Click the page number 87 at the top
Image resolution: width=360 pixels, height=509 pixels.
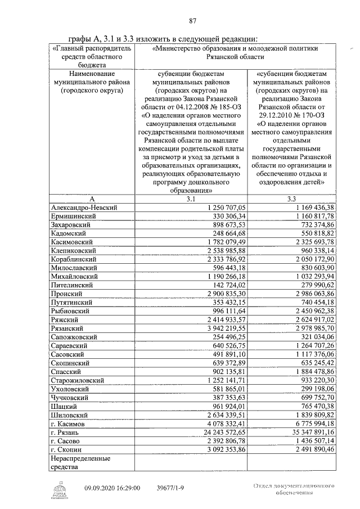click(x=192, y=21)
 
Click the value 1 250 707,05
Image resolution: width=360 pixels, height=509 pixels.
click(x=223, y=208)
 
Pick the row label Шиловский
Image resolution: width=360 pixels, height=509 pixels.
click(x=71, y=415)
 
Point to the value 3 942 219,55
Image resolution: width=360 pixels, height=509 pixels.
click(x=223, y=328)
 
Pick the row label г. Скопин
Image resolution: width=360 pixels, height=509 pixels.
click(x=67, y=450)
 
